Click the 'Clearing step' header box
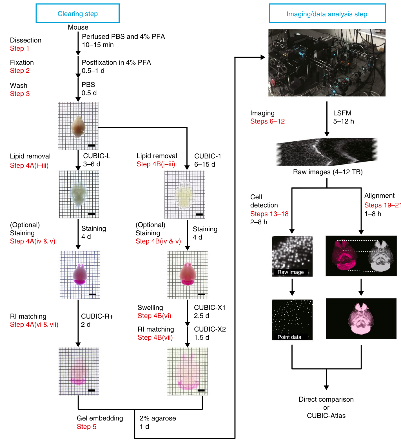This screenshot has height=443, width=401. [77, 14]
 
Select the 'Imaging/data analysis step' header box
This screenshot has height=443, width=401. [327, 14]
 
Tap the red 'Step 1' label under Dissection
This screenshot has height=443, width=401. [20, 48]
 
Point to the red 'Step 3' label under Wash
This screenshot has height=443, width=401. [20, 94]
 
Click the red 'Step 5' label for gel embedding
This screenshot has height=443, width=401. [86, 427]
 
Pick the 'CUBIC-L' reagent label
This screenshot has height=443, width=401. [97, 156]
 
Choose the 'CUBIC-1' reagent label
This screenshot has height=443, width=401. [208, 156]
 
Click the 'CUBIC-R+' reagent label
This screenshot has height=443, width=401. [97, 316]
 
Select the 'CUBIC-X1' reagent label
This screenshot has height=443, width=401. [210, 308]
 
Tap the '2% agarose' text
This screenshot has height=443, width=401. [158, 418]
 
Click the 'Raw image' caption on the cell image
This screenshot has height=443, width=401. [291, 272]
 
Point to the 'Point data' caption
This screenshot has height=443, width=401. [289, 337]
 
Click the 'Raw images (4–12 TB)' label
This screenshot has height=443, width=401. [328, 172]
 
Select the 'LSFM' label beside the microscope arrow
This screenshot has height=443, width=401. [342, 113]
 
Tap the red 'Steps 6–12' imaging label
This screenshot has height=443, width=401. [267, 121]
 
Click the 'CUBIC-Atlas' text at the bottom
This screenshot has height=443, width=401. [326, 416]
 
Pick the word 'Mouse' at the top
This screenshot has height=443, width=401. [78, 27]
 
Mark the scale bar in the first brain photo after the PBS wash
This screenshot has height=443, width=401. [92, 146]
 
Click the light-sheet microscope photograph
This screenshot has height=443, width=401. [327, 63]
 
